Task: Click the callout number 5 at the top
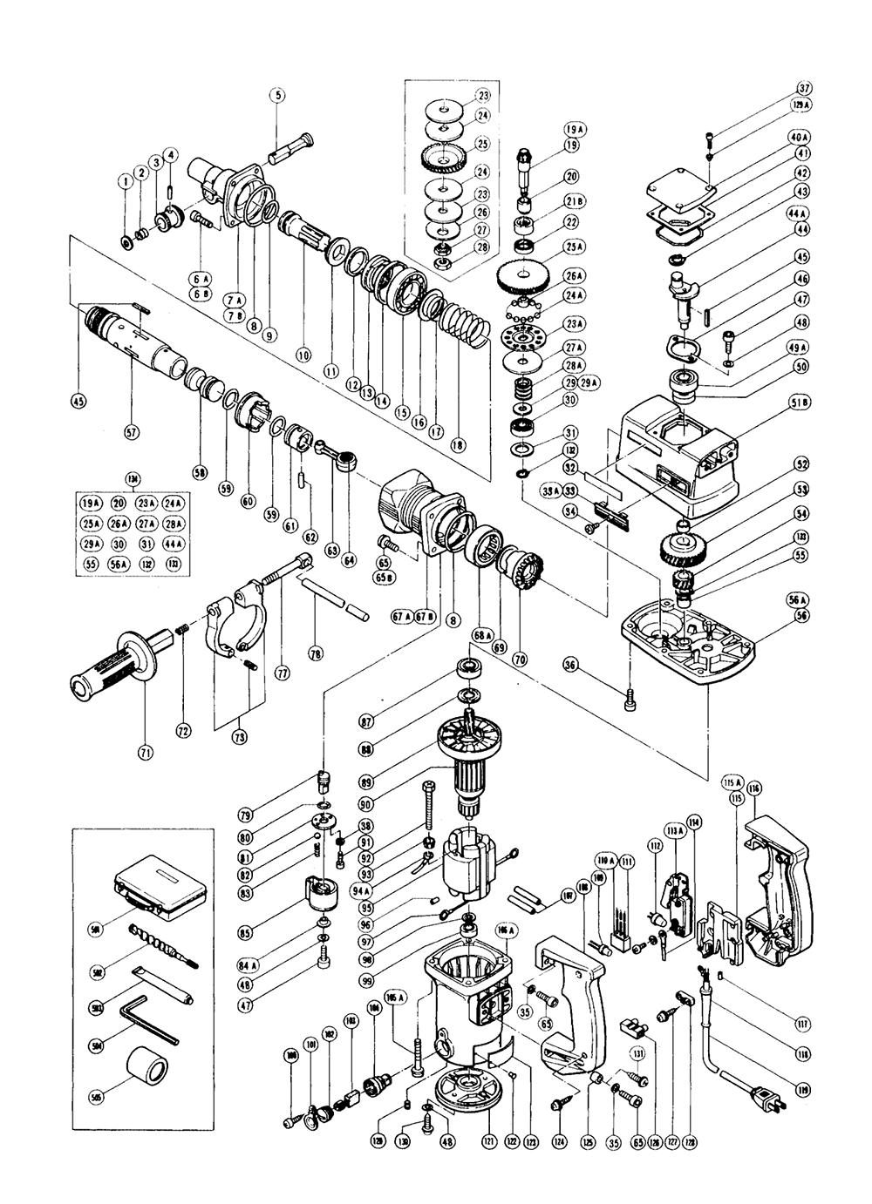pos(277,97)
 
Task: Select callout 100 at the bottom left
pos(291,1055)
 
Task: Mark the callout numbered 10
pos(303,355)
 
